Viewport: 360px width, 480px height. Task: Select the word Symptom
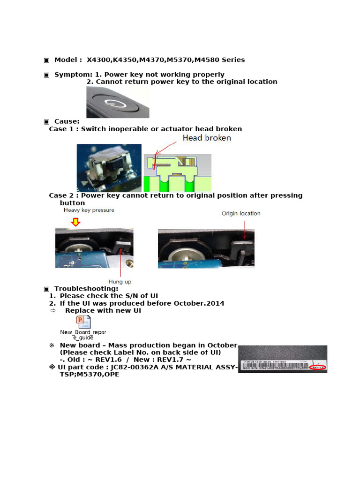(72, 75)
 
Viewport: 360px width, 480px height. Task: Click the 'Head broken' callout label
(206, 138)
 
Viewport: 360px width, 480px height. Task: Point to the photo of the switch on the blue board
(109, 168)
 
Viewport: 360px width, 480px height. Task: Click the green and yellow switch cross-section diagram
(177, 172)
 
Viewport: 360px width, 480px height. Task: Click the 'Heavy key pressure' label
(89, 210)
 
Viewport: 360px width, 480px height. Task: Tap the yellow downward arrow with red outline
(75, 223)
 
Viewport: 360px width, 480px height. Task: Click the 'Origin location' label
(241, 213)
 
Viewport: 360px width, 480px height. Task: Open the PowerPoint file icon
(83, 322)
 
